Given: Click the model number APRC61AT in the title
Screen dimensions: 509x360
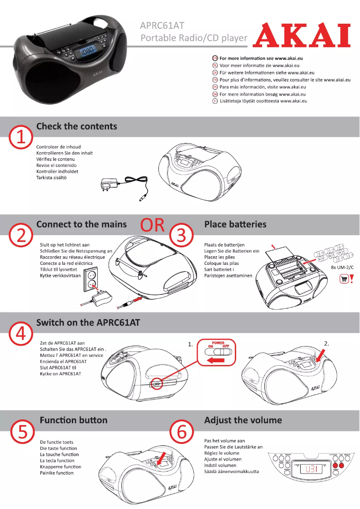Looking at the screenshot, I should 162,26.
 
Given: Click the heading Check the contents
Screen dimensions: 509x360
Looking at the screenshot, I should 76,126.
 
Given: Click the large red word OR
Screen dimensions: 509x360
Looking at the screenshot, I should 153,225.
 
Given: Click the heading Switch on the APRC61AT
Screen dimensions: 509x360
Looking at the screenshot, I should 88,322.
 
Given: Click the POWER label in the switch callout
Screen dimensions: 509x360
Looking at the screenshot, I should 218,343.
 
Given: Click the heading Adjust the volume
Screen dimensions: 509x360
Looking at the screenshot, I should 243,420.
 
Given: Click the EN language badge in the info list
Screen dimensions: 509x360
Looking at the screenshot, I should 215,58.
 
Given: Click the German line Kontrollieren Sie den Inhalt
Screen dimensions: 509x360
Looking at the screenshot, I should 64,153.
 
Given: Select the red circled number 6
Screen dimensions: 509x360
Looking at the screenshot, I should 182,433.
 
